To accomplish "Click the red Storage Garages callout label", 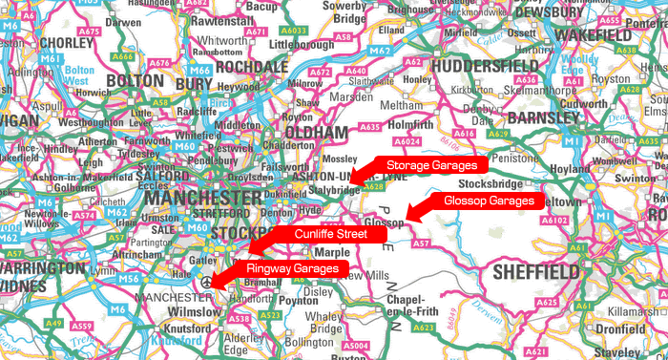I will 430,166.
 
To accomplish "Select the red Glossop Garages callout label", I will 489,201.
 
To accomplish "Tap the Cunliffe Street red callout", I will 330,234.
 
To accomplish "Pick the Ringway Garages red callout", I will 292,269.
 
